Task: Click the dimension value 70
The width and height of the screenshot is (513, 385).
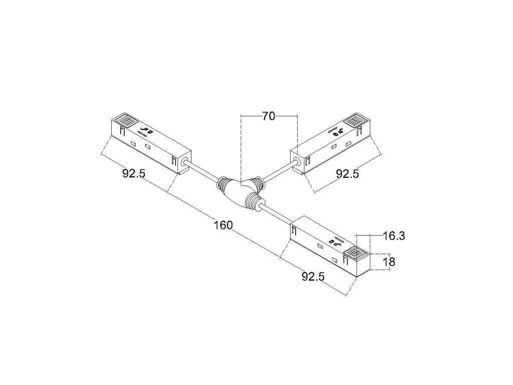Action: tap(269, 116)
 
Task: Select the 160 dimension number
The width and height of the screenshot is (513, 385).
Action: tap(222, 225)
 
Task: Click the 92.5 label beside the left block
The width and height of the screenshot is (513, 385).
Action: tap(134, 173)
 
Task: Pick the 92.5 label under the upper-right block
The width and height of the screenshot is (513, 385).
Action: tap(347, 174)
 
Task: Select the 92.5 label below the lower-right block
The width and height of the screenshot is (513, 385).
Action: tap(313, 276)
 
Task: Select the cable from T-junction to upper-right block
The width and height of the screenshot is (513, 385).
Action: tap(280, 171)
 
